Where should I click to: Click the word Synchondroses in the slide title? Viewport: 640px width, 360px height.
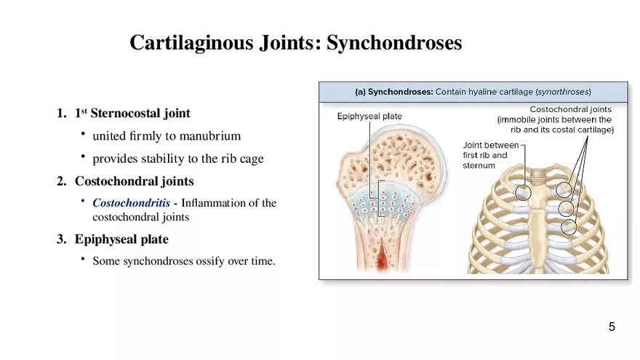coord(394,42)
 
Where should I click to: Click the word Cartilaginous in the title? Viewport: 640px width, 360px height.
coord(191,43)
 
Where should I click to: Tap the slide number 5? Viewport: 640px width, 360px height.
coord(612,327)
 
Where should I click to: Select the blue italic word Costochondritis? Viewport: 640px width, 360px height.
coord(131,203)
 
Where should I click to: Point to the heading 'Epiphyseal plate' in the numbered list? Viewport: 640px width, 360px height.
coord(121,239)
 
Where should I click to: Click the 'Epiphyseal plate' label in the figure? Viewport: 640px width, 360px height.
coord(369,116)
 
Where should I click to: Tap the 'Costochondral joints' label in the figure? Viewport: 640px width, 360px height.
coord(571,109)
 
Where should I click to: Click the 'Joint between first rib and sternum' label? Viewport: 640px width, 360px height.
coord(491,155)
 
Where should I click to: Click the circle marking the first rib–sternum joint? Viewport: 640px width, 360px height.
coord(522,185)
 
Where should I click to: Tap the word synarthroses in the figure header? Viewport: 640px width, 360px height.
coord(563,92)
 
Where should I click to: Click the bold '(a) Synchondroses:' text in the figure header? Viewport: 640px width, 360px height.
coord(393,92)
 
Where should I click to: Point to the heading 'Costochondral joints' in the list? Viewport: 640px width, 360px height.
coord(134,181)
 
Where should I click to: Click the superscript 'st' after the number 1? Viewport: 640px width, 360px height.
coord(84,111)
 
